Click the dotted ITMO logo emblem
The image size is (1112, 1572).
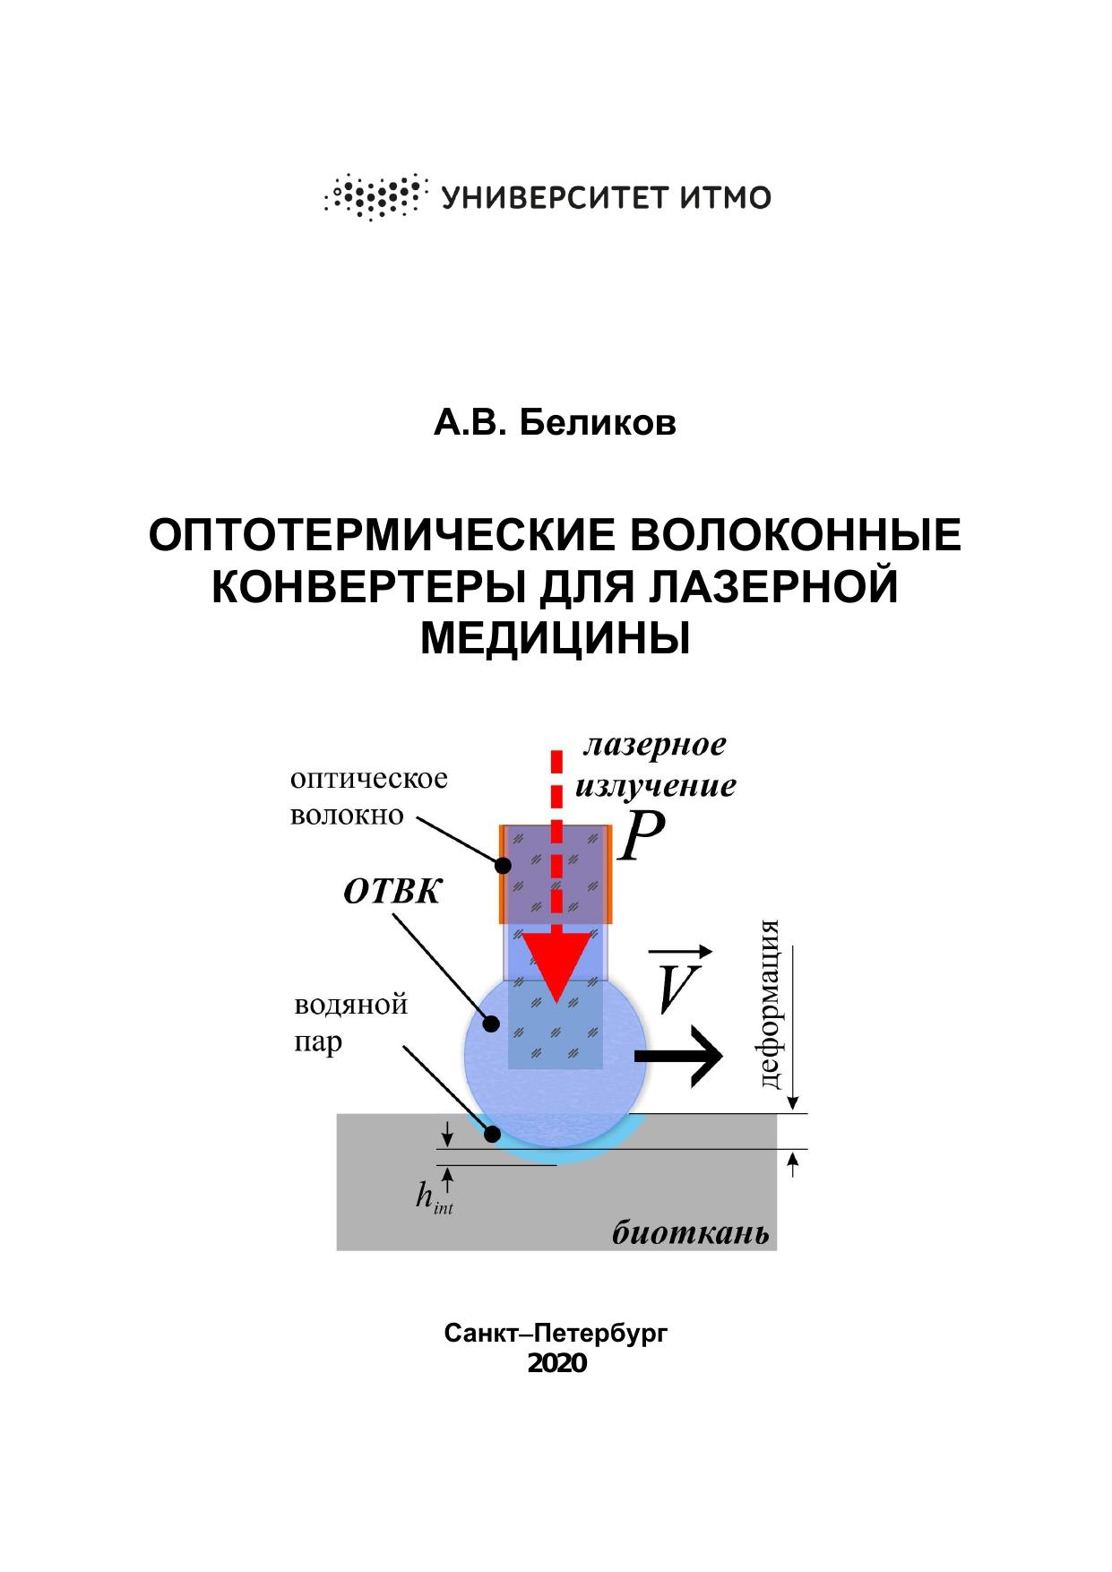pyautogui.click(x=373, y=196)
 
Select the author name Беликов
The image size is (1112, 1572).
pyautogui.click(x=597, y=423)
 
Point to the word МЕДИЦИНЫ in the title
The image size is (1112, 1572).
pyautogui.click(x=555, y=638)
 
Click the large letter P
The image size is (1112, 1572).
pyautogui.click(x=642, y=838)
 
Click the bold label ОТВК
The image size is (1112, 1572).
pyautogui.click(x=392, y=892)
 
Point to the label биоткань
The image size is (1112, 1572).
pyautogui.click(x=690, y=1233)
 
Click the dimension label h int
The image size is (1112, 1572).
pyautogui.click(x=434, y=1197)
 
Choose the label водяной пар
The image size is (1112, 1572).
pyautogui.click(x=350, y=1023)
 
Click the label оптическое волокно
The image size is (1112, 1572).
pyautogui.click(x=368, y=797)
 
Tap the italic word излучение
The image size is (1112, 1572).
pyautogui.click(x=655, y=786)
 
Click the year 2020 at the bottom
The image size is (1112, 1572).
pyautogui.click(x=556, y=1363)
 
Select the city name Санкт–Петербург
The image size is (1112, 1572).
pyautogui.click(x=556, y=1334)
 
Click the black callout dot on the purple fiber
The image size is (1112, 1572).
pyautogui.click(x=502, y=867)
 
